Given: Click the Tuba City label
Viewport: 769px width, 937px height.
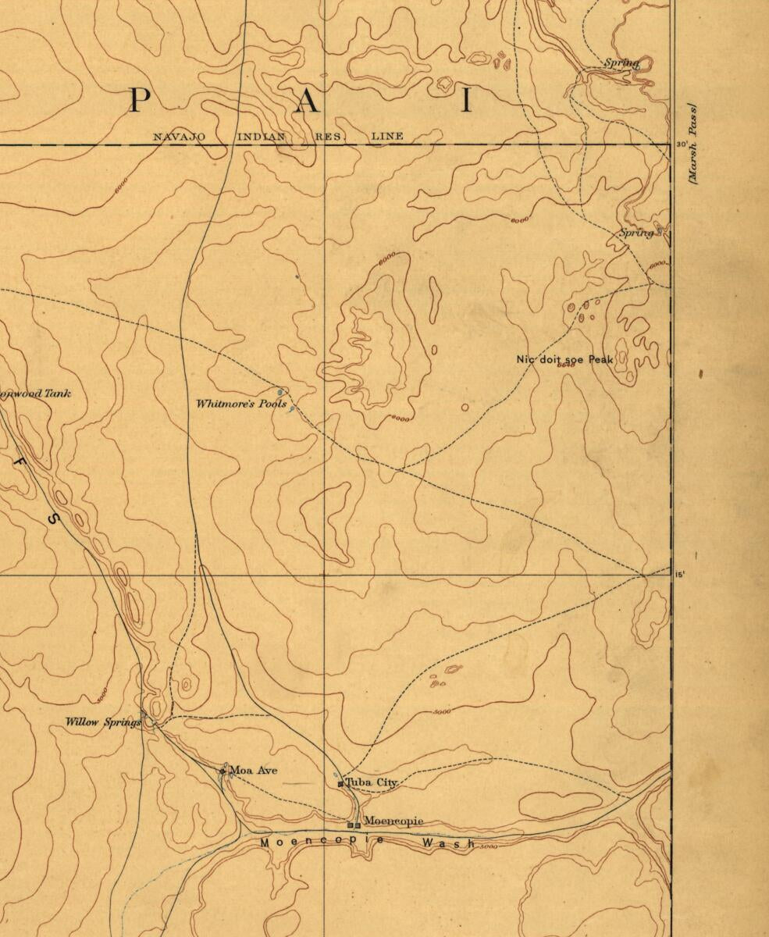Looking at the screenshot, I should tap(372, 782).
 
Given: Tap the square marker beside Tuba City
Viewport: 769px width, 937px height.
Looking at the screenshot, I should tap(340, 783).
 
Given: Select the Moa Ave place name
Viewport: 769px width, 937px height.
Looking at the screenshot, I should tap(253, 771).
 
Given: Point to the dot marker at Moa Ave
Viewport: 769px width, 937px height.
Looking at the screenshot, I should tap(223, 771).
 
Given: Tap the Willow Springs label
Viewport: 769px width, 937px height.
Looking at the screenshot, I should tap(103, 722).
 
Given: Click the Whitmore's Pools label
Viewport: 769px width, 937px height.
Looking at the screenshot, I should tap(241, 404).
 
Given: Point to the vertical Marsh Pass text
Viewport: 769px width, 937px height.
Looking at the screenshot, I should tap(692, 144).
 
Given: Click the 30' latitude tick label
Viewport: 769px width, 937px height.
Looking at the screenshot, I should tap(682, 144).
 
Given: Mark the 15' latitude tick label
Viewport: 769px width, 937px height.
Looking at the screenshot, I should tap(680, 575).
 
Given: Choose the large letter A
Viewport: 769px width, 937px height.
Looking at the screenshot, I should tap(306, 102).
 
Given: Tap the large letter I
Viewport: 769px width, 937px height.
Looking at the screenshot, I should tap(466, 102).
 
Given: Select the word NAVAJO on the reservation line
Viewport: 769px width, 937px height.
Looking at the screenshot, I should tap(179, 137).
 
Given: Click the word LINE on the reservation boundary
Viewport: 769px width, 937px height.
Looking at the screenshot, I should tap(387, 137).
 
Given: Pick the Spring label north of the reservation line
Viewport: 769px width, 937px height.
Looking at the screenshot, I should tap(621, 62).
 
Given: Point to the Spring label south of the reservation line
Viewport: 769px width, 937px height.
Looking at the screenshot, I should tap(635, 233).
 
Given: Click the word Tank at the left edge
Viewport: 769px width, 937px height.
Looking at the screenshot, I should tap(56, 394).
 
